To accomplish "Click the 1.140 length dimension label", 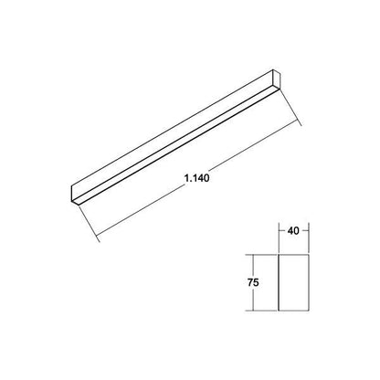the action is (196, 178).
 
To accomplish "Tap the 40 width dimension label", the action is (293, 231).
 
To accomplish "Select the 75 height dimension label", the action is (253, 282).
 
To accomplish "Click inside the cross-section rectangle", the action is (294, 282).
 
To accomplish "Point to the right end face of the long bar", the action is (276, 79).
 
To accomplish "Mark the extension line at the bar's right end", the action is (290, 107).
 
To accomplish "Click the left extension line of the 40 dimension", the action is (279, 238).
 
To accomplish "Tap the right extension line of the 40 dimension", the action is (309, 238).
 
